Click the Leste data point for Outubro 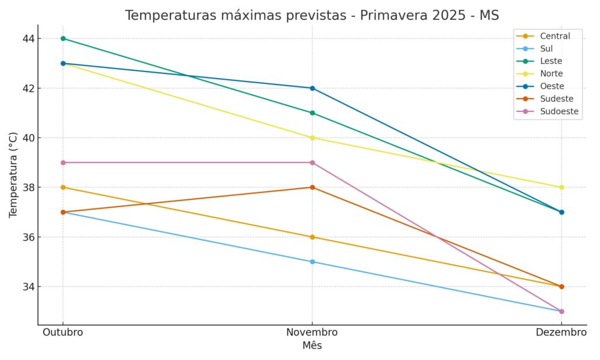point(63,39)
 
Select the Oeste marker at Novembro point(312,88)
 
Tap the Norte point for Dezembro point(561,188)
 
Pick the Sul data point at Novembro point(312,261)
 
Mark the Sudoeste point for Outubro point(63,162)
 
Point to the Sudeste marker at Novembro point(312,188)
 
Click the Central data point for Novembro point(312,237)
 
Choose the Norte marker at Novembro point(312,138)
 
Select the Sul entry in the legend point(546,49)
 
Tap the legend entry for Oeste point(551,86)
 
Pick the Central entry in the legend point(554,36)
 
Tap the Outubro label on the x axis point(63,332)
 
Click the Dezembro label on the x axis point(561,332)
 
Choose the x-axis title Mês point(312,346)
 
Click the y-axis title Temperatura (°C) point(13,175)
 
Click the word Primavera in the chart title point(383,15)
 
